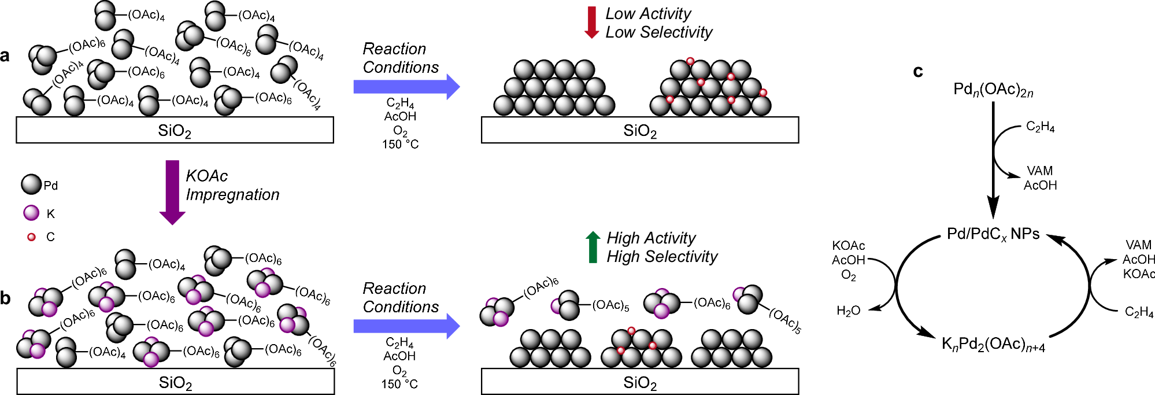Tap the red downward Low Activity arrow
click(591, 23)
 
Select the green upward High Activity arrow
click(593, 248)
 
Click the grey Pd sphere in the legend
click(31, 184)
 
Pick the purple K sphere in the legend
click(31, 213)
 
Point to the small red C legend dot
click(31, 237)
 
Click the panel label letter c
click(918, 71)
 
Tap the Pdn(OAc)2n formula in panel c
click(993, 90)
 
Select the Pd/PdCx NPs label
click(993, 234)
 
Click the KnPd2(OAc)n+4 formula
click(993, 345)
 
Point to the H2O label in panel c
click(848, 311)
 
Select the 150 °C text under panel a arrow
click(400, 144)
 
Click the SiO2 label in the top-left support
click(174, 131)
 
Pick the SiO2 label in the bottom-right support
click(639, 383)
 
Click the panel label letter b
click(6, 298)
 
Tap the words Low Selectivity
click(658, 32)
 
